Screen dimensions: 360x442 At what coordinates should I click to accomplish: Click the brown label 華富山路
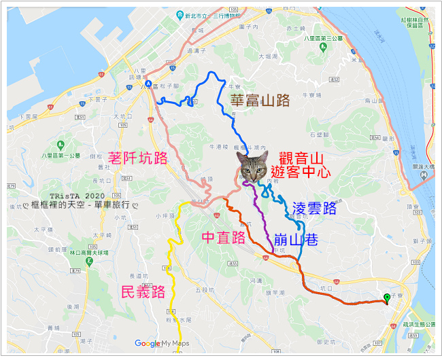pos(260,101)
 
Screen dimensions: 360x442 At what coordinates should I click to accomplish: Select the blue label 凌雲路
pos(313,208)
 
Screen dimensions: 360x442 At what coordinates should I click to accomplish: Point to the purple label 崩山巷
pos(296,239)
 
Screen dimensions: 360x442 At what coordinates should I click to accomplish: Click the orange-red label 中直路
pos(224,238)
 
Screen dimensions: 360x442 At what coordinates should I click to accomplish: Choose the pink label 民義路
pos(143,293)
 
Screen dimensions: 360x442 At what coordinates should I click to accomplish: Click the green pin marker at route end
pos(387,298)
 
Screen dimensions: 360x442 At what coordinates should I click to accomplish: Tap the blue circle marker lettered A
pos(148,84)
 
